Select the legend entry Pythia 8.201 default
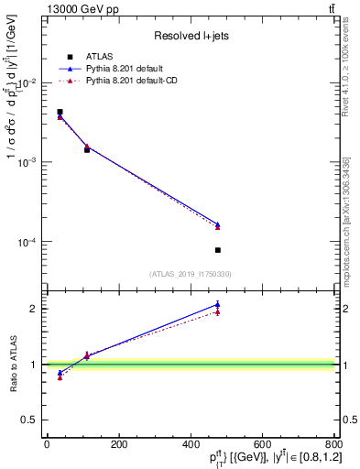(x=130, y=69)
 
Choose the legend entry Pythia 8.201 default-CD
(x=137, y=82)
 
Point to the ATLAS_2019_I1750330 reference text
(x=191, y=274)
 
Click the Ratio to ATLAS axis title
(x=13, y=365)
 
